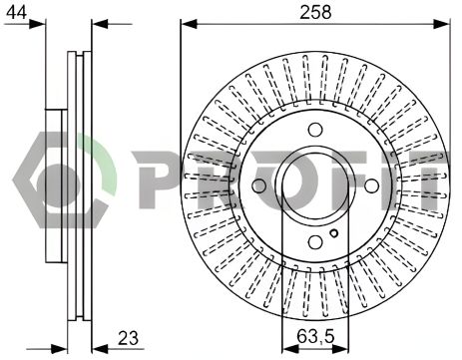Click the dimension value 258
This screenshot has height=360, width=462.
(x=315, y=13)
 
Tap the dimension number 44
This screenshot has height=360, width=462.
(x=17, y=13)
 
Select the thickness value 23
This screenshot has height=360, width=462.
(x=128, y=338)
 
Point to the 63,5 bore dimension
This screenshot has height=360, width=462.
(x=315, y=337)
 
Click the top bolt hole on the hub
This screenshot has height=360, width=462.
(x=315, y=130)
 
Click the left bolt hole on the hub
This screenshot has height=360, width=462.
(x=259, y=185)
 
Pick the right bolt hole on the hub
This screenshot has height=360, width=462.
(x=371, y=185)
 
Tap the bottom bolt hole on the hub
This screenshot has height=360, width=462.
(x=315, y=242)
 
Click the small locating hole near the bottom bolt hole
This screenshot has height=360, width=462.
(x=334, y=233)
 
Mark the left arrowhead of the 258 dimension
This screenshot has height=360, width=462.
(x=189, y=24)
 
